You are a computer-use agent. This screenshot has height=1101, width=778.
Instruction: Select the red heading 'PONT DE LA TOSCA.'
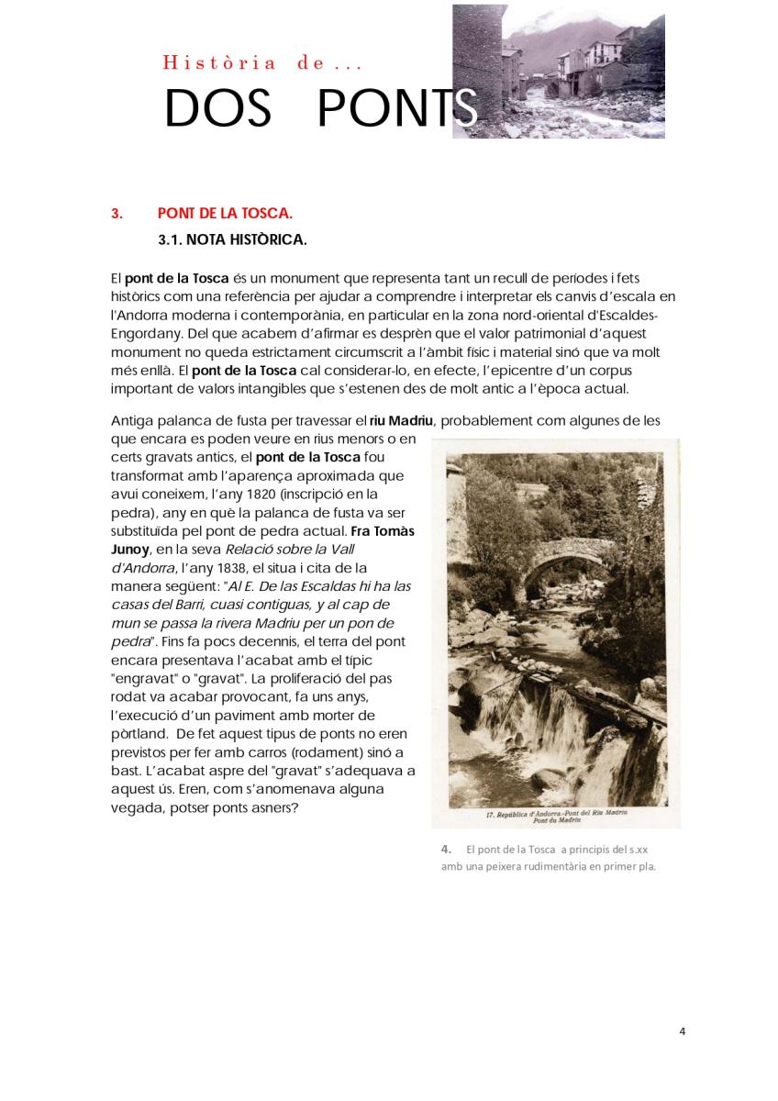click(225, 214)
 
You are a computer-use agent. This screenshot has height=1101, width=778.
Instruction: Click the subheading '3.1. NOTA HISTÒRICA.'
click(232, 240)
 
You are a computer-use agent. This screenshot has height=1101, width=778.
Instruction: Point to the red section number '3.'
click(117, 214)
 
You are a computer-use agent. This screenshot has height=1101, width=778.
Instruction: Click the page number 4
click(682, 1030)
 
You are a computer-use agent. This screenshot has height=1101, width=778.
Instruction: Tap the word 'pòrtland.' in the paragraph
click(139, 734)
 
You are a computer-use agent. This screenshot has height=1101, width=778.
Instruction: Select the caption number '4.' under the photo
click(446, 850)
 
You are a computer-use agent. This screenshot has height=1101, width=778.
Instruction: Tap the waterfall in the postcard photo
click(550, 725)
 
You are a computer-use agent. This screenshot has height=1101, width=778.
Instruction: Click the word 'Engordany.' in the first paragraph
click(145, 333)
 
